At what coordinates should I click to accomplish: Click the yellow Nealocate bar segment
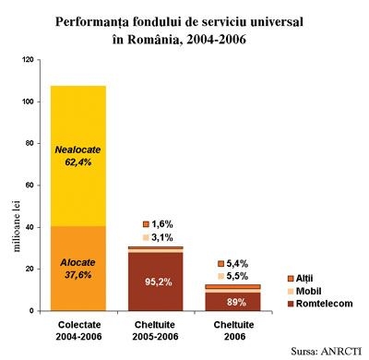[78, 156]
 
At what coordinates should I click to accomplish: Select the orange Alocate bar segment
[78, 269]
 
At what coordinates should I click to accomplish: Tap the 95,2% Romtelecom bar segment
[156, 282]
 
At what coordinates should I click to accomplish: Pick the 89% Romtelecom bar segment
[233, 302]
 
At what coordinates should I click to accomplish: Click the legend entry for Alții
[300, 279]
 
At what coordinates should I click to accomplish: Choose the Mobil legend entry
[304, 291]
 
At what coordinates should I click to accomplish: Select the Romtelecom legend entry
[320, 304]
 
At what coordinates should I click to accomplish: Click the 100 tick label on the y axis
[28, 102]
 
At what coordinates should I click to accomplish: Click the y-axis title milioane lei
[17, 226]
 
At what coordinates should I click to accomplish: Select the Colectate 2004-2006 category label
[78, 330]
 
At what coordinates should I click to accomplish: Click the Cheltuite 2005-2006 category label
[155, 330]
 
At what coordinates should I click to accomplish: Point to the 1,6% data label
[162, 224]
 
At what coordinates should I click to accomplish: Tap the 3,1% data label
[162, 237]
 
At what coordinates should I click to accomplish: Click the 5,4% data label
[237, 264]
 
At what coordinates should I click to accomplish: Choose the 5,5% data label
[237, 276]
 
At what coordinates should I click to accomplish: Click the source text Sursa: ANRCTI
[326, 351]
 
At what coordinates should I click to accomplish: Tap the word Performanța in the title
[92, 22]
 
